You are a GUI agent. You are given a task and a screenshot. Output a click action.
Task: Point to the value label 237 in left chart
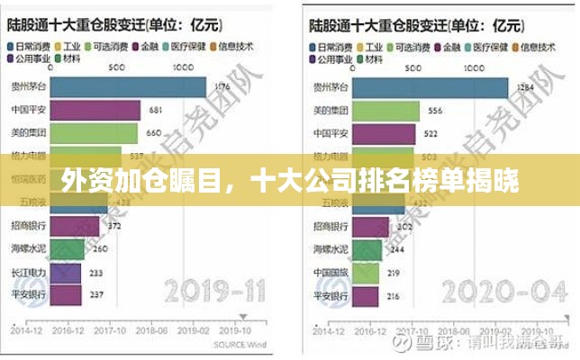click(x=96, y=295)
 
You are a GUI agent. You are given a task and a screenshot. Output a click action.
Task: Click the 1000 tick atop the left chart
click(x=183, y=66)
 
